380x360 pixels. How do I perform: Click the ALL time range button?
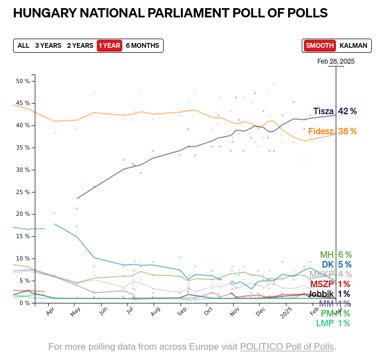coord(23,46)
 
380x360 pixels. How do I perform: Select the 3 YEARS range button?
coord(48,46)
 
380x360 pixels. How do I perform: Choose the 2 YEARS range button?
coord(80,46)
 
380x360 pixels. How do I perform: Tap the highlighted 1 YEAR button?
coord(109,46)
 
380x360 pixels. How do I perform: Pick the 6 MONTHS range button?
coord(142,46)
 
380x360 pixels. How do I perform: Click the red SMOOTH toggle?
coord(320,46)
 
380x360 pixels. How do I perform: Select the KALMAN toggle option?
coord(353,46)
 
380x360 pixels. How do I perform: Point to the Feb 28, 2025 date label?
coord(336,61)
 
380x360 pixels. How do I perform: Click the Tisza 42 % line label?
coord(335,111)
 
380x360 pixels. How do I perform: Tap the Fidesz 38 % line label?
coord(332,131)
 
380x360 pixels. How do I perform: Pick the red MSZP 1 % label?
coord(330,284)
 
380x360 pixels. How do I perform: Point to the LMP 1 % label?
coord(333,323)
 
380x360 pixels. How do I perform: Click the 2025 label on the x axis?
coord(285,314)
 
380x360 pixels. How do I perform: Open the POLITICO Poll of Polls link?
coord(288,346)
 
